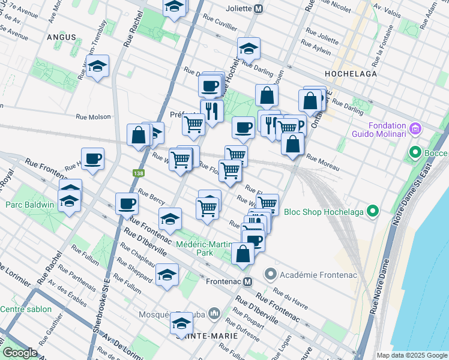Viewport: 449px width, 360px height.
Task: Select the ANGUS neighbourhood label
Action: [61, 37]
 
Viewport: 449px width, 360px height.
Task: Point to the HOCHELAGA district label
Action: [350, 73]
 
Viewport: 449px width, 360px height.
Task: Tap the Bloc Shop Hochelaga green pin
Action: [373, 211]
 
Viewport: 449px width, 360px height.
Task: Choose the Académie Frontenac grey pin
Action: [271, 275]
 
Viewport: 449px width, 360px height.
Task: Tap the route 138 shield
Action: [137, 173]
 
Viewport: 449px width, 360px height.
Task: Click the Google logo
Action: [19, 353]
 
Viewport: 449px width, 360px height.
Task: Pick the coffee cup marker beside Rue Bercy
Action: [127, 203]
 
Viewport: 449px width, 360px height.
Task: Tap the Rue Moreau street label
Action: [323, 163]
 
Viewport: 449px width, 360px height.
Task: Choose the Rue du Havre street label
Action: [291, 298]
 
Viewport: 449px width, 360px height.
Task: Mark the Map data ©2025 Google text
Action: [411, 355]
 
